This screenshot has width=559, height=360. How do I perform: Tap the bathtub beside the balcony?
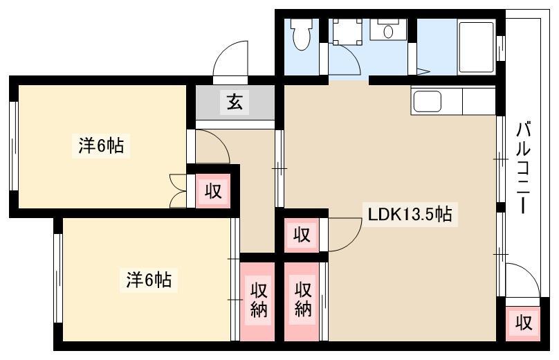pyautogui.click(x=476, y=47)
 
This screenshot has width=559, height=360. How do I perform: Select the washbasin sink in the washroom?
pyautogui.click(x=388, y=30)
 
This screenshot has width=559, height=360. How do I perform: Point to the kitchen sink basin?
pyautogui.click(x=427, y=100)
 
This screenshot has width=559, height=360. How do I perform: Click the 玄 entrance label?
pyautogui.click(x=235, y=102)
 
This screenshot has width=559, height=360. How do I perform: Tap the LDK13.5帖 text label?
pyautogui.click(x=410, y=215)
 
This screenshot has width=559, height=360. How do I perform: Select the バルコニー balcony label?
pyautogui.click(x=523, y=168)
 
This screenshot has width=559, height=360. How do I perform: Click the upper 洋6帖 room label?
pyautogui.click(x=101, y=146)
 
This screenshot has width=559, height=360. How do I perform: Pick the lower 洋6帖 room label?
pyautogui.click(x=149, y=280)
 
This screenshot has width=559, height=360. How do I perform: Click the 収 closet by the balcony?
pyautogui.click(x=523, y=323)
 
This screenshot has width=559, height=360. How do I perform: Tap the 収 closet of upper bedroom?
pyautogui.click(x=213, y=191)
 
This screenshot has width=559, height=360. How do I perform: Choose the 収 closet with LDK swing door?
pyautogui.click(x=302, y=235)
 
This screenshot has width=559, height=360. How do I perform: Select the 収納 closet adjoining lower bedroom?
pyautogui.click(x=257, y=302)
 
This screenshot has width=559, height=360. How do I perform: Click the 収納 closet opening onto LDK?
pyautogui.click(x=302, y=302)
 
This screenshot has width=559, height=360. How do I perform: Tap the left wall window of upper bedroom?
pyautogui.click(x=14, y=146)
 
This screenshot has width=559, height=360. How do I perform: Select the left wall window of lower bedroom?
pyautogui.click(x=58, y=278)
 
